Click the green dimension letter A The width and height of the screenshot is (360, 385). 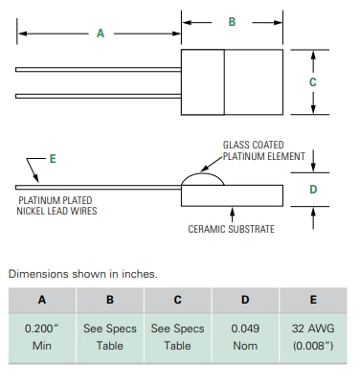(x=100, y=34)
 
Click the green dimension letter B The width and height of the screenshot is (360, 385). (x=231, y=21)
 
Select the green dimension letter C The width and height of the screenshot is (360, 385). (x=312, y=82)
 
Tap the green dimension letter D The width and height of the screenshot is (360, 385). (x=312, y=189)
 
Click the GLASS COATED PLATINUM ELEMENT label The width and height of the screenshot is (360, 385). (x=263, y=150)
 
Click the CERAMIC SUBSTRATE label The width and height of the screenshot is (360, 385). (x=232, y=229)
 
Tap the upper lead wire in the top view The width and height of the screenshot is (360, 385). (x=96, y=69)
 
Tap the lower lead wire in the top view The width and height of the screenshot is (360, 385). (x=96, y=95)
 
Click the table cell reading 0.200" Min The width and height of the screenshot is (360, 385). (x=41, y=336)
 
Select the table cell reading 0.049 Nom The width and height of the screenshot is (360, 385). (x=245, y=336)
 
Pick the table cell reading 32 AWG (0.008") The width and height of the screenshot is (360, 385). (x=313, y=336)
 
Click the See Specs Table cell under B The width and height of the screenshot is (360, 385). (x=109, y=336)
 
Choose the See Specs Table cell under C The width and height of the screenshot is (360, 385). (x=177, y=336)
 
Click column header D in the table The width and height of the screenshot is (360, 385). (x=245, y=299)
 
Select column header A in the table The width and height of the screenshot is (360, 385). (x=41, y=299)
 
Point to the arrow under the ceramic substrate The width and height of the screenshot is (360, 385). (x=231, y=211)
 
